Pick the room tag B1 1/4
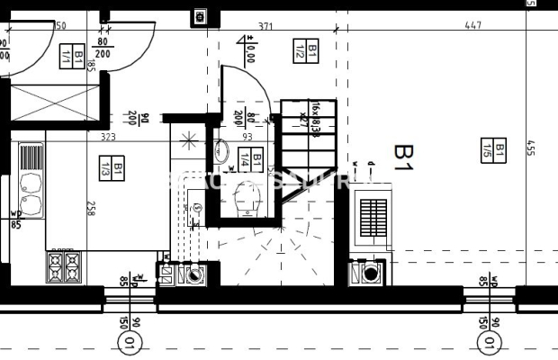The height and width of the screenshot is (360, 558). coord(251,161)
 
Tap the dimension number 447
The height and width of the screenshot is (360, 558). coord(473,27)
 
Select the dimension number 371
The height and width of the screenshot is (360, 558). coord(265,27)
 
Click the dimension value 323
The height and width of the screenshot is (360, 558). coord(108,138)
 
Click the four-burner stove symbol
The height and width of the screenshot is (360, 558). coord(64,267)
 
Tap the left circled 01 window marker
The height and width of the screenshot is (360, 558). coord(130,343)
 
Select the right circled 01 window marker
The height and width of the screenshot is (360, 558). coord(489,343)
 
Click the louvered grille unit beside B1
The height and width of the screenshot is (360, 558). coord(373,217)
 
